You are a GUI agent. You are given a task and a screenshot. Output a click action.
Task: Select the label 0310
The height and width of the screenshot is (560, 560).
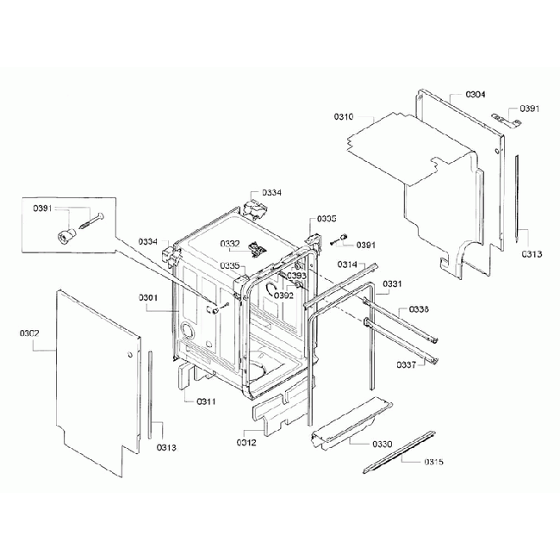click(x=345, y=115)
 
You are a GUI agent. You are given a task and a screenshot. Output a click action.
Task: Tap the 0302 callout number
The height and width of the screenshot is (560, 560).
click(x=29, y=333)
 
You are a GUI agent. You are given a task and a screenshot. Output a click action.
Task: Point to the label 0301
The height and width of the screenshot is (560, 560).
click(x=148, y=298)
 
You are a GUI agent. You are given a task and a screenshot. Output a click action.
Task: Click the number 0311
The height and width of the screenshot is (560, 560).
click(x=205, y=401)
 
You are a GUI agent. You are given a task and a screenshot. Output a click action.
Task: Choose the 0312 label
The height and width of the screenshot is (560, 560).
click(x=246, y=442)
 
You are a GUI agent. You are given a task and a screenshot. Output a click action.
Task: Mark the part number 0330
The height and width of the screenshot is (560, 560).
click(x=382, y=443)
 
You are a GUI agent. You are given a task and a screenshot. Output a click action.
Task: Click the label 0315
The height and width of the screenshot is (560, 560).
click(x=433, y=463)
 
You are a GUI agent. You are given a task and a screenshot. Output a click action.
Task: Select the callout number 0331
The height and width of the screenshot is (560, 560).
click(x=392, y=283)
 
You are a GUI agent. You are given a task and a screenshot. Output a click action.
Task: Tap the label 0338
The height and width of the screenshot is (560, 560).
click(x=419, y=308)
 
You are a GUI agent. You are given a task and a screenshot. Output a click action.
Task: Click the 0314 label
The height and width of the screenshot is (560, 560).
click(x=346, y=264)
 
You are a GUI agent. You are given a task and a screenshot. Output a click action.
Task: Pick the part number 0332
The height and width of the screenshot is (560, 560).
click(x=230, y=244)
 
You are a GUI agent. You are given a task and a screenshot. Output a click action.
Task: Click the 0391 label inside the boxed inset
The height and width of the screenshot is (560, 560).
click(x=42, y=209)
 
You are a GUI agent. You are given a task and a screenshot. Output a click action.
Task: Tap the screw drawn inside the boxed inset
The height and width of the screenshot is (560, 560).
click(x=90, y=221)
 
